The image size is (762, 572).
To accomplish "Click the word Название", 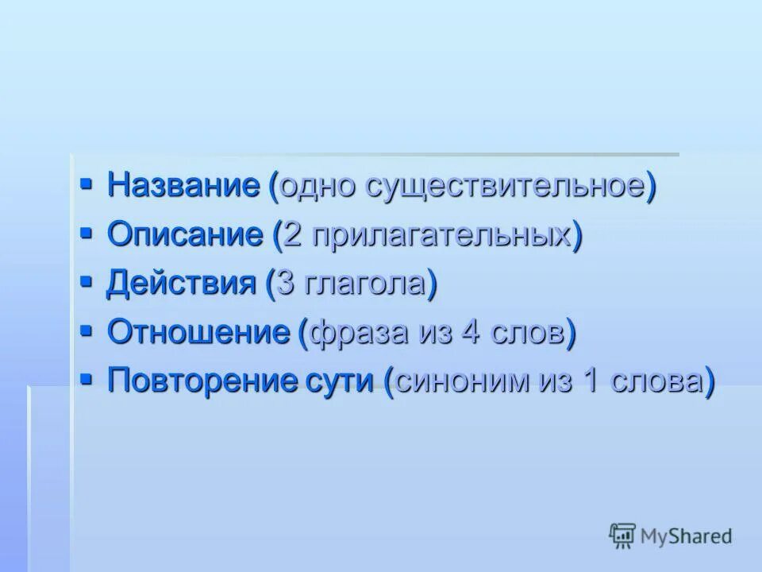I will (183, 186).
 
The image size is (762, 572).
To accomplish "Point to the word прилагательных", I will (441, 236).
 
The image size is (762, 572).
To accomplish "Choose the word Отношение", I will (198, 332).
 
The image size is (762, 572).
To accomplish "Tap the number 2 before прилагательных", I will (293, 236).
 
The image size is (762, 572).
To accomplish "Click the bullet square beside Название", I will (87, 184).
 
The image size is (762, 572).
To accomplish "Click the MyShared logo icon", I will (622, 535).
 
